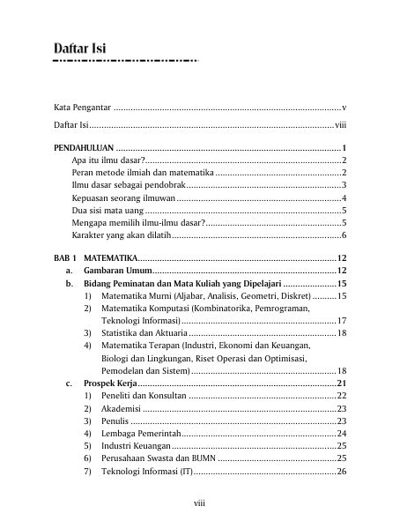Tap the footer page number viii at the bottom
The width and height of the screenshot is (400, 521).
click(200, 503)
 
